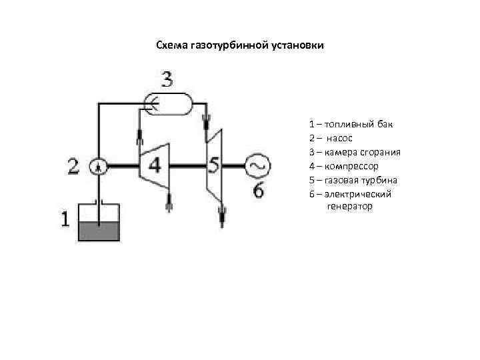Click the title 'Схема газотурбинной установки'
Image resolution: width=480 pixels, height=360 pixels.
pos(239,45)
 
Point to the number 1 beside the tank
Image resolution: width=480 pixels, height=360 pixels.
pos(65,218)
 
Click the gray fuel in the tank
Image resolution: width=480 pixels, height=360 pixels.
pos(99,231)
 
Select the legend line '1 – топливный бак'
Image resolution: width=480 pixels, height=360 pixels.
pos(346,124)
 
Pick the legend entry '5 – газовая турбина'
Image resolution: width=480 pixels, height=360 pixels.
pos(353,180)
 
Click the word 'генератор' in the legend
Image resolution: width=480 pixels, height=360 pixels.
pos(349,207)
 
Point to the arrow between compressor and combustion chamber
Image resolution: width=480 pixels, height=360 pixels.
pos(140,137)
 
